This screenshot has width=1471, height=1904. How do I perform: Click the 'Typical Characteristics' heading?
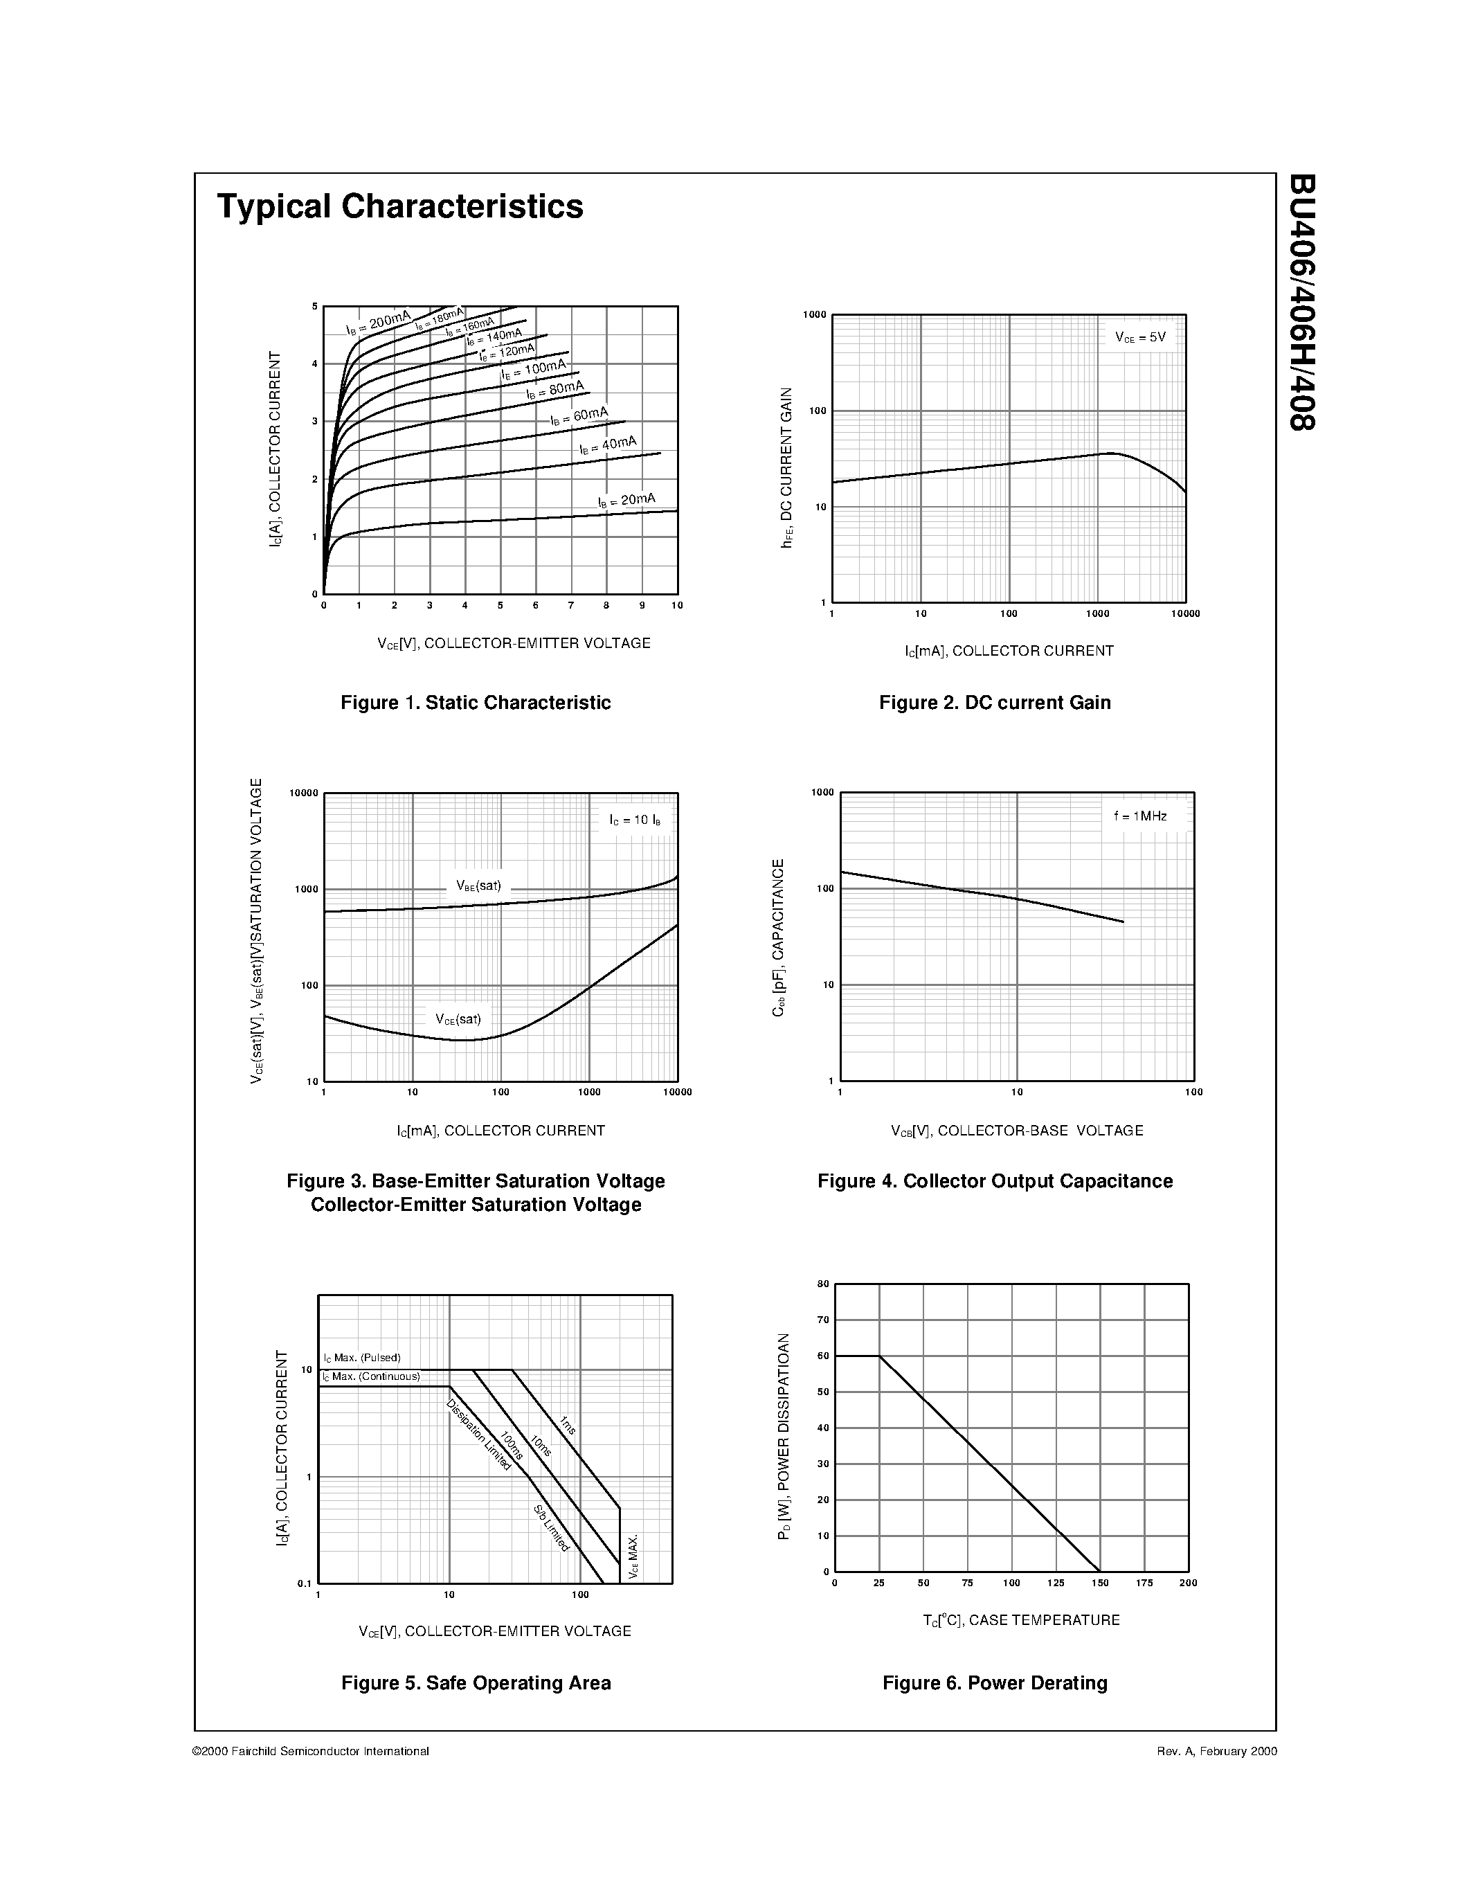(400, 206)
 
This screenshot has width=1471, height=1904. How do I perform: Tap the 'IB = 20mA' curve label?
(626, 501)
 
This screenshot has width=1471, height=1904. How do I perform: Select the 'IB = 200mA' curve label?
(377, 323)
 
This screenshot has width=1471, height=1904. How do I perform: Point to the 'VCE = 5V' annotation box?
(1140, 336)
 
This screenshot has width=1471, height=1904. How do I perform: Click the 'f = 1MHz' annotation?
(1140, 816)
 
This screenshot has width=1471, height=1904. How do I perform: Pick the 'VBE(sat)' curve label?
(478, 886)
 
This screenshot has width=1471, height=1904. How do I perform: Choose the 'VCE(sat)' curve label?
(458, 1019)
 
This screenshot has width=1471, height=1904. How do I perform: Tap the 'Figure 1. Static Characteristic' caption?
(476, 703)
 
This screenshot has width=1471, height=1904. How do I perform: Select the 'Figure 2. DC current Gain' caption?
(995, 703)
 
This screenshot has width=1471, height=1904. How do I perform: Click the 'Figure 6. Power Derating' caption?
(995, 1683)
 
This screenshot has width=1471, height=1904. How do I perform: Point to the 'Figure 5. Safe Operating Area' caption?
(476, 1683)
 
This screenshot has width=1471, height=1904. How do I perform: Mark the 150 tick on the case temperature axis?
(1100, 1583)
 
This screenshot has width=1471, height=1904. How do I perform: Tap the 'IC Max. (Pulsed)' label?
(361, 1358)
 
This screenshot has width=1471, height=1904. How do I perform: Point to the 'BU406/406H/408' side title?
(1302, 302)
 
